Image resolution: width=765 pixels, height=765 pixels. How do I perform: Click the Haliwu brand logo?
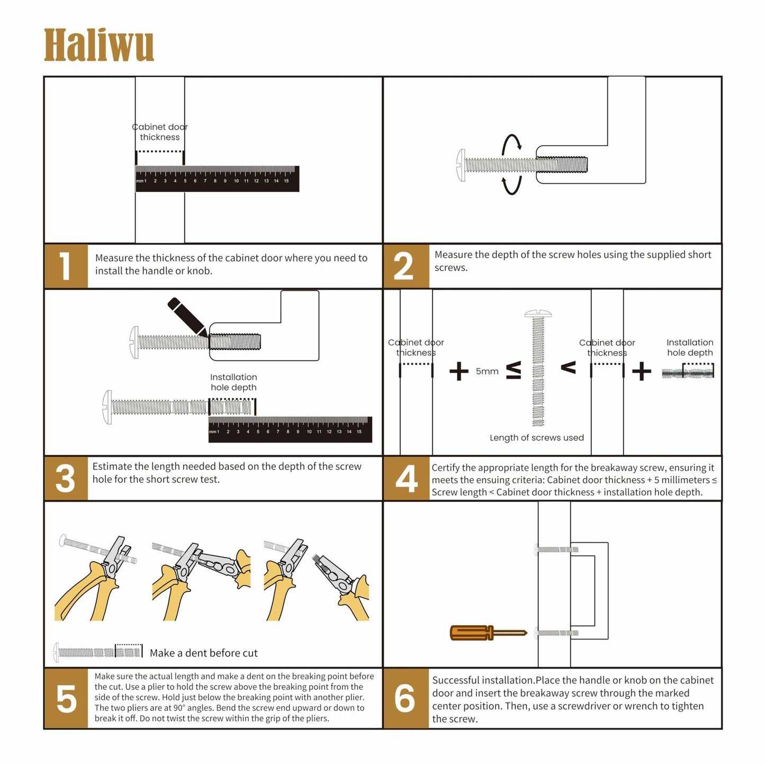pos(98,46)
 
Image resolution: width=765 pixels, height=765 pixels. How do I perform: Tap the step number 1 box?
pos(66,266)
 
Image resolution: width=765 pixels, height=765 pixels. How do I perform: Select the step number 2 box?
pos(405,266)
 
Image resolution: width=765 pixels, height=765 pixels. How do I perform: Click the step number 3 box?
pos(66,478)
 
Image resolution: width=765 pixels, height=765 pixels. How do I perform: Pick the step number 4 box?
pos(406,478)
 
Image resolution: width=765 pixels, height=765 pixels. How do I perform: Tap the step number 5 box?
pos(66,698)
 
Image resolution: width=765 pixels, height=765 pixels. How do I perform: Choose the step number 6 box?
pos(406,698)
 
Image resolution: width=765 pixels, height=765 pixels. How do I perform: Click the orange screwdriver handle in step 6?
pos(470,633)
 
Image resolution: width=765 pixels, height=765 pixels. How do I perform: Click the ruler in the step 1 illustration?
pos(217,179)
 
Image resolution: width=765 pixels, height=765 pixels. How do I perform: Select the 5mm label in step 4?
pos(487,372)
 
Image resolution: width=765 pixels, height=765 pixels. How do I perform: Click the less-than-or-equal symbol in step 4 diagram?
pos(513,371)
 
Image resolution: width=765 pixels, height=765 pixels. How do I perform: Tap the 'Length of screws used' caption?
pos(536,438)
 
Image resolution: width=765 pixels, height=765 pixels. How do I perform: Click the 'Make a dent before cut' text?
pos(203,653)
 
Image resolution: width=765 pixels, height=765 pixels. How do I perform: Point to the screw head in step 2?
pos(461,165)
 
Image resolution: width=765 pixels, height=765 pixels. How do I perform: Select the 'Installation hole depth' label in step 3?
pos(233,382)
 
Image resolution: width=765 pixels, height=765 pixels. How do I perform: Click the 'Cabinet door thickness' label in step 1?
pos(160,132)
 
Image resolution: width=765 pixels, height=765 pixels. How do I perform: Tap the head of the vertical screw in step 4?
pos(538,314)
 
